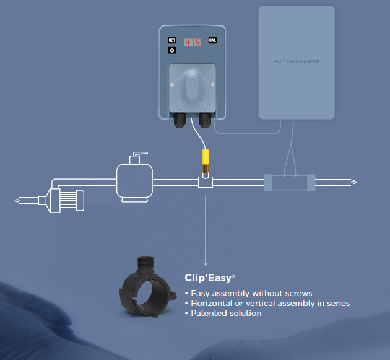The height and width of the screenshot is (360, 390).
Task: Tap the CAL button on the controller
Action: [212, 40]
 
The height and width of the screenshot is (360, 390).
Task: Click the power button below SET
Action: [172, 50]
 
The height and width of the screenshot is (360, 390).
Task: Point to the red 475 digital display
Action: [193, 42]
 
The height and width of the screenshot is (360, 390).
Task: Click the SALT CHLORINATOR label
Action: [297, 61]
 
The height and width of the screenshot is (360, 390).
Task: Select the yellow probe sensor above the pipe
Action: [205, 161]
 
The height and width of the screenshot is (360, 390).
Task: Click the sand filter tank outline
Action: [134, 183]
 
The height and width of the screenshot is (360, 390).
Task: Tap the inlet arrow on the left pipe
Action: [17, 200]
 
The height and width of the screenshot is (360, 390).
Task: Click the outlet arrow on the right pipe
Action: [353, 182]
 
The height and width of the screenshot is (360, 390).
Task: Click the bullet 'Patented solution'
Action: [226, 313]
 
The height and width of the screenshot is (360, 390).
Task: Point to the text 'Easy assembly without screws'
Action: [251, 293]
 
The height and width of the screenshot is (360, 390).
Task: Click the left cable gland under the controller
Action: [180, 120]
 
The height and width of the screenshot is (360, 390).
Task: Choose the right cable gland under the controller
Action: [205, 120]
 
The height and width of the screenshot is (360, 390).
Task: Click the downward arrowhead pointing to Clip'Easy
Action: [206, 263]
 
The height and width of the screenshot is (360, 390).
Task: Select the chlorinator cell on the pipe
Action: [290, 183]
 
